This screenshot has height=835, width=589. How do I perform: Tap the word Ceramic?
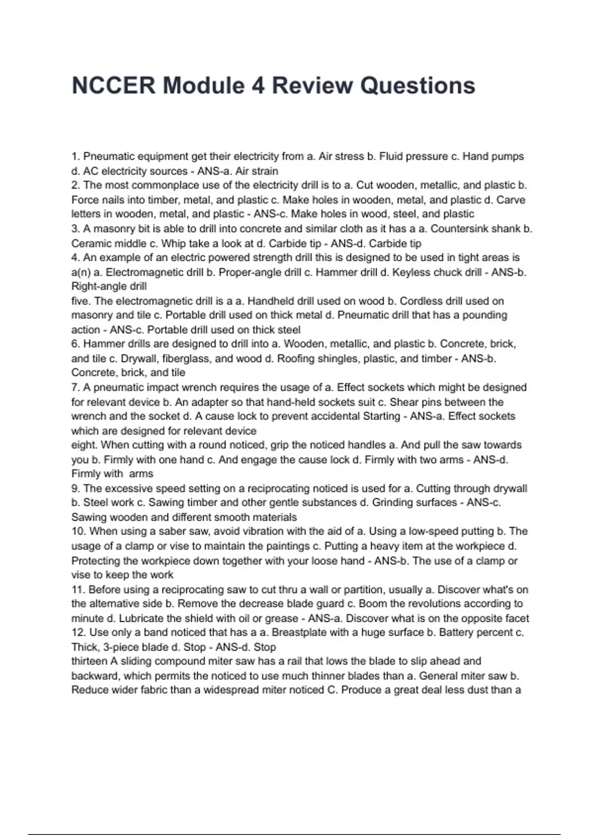click(90, 244)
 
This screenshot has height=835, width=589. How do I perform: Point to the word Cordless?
click(442, 301)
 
